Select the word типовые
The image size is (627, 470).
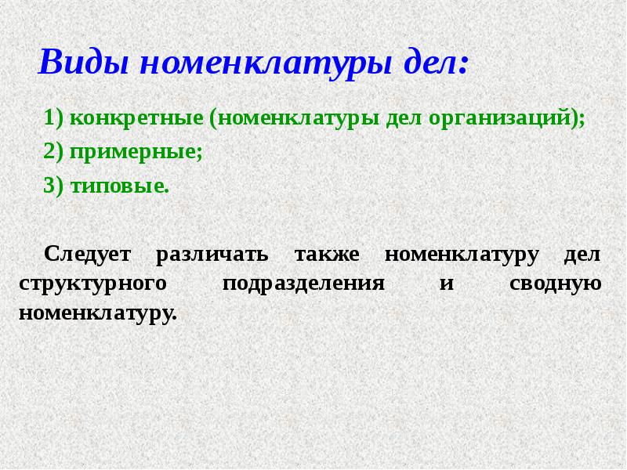[119, 187]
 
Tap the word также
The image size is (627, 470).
[327, 255]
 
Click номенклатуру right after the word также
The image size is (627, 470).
[462, 255]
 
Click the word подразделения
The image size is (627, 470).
[303, 284]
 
